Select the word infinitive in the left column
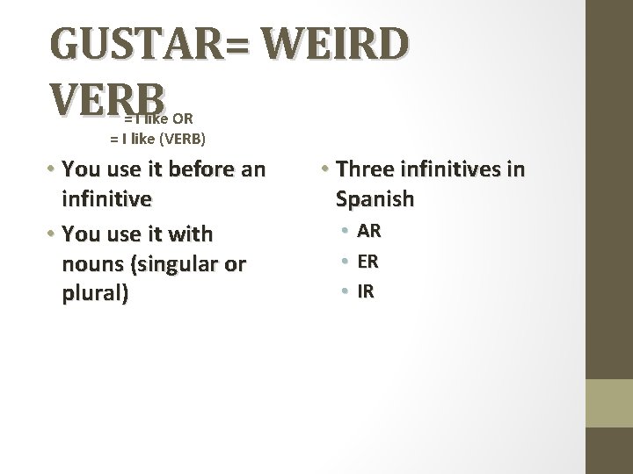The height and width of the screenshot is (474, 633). click(x=107, y=198)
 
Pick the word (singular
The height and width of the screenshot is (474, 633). click(x=176, y=264)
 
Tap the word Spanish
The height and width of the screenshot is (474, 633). click(x=374, y=198)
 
